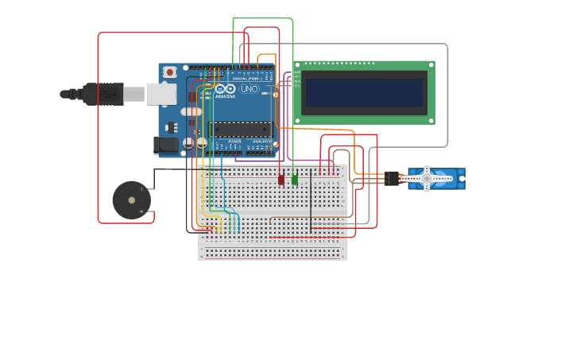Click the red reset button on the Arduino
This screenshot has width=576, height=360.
(x=168, y=72)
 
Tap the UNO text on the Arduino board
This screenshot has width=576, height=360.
(x=249, y=89)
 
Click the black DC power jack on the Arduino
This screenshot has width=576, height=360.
(x=165, y=145)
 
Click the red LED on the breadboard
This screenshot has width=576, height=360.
(x=280, y=180)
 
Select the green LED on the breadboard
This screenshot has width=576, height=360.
(x=295, y=180)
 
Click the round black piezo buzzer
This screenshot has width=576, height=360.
(x=131, y=200)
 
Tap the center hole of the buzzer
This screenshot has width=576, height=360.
(x=131, y=200)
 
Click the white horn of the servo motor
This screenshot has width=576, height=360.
(x=427, y=179)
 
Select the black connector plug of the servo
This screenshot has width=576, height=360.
(x=392, y=179)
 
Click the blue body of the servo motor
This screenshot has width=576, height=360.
(x=456, y=179)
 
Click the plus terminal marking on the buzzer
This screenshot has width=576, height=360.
(x=142, y=211)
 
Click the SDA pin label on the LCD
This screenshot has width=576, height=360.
(x=296, y=81)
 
